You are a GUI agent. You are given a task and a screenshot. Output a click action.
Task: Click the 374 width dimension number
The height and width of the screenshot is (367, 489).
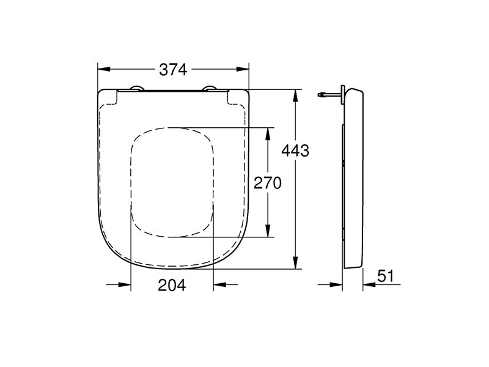point(173,70)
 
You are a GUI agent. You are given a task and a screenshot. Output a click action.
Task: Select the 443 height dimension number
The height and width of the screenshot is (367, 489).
point(296,150)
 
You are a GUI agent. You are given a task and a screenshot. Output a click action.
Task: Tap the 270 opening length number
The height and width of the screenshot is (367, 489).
point(267,183)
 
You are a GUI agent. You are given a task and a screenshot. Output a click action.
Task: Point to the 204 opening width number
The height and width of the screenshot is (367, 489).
point(172,285)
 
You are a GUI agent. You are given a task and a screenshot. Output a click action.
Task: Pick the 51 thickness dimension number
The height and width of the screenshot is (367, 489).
point(385,276)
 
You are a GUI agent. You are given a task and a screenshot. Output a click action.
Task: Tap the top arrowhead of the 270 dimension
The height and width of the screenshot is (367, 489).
point(267,133)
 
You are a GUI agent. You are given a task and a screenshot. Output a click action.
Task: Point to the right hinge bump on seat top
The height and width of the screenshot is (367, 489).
point(211,89)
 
